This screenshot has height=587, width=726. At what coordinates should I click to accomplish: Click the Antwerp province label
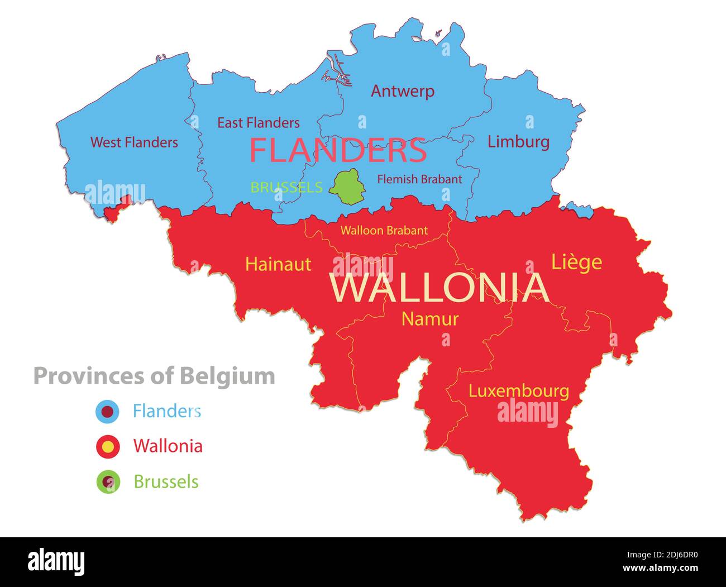coord(402,91)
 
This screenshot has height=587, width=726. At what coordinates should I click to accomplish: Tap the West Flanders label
coord(134,142)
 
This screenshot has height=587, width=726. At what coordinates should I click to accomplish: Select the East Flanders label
coord(258,123)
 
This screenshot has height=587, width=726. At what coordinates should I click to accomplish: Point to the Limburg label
coord(518,141)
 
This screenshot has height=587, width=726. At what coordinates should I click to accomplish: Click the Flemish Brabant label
coord(419,179)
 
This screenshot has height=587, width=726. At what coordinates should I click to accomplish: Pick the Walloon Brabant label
coord(384,230)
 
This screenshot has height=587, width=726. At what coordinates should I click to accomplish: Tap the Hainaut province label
coord(278,264)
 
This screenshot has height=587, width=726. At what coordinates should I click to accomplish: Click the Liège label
coord(576,262)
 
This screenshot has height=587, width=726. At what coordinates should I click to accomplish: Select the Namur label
coord(430,319)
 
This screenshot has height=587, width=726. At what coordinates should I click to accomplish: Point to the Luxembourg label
coord(518,391)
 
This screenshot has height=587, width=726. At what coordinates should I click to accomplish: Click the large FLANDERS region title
coord(338,150)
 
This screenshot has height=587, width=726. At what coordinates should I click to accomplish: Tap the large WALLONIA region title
coord(439,288)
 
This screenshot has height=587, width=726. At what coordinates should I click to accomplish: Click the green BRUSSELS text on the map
coord(286,188)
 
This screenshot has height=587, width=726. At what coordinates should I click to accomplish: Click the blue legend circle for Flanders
coord(108,412)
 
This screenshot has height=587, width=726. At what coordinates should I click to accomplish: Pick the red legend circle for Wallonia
coord(108,446)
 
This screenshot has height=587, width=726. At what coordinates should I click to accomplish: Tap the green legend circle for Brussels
coord(108,481)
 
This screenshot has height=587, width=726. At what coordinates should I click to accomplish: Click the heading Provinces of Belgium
coord(154,376)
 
